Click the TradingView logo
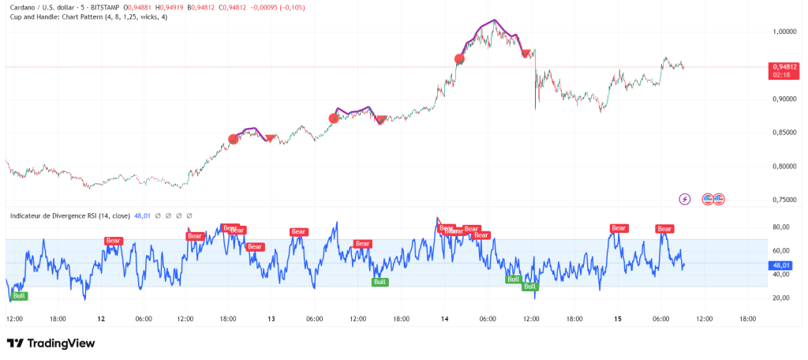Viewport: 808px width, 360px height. (x=50, y=343)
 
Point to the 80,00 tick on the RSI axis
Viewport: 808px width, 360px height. (x=780, y=227)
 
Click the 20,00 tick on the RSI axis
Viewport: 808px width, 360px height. (x=780, y=298)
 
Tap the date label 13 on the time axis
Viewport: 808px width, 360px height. (x=271, y=319)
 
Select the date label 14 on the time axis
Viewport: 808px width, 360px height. (x=445, y=319)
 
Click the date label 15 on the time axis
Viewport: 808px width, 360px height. (x=619, y=319)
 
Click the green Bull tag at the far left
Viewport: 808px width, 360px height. (x=19, y=296)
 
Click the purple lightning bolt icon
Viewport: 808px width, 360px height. (x=685, y=199)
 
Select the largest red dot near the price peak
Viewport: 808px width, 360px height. (x=459, y=59)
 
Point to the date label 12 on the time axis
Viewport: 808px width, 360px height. (x=101, y=319)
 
